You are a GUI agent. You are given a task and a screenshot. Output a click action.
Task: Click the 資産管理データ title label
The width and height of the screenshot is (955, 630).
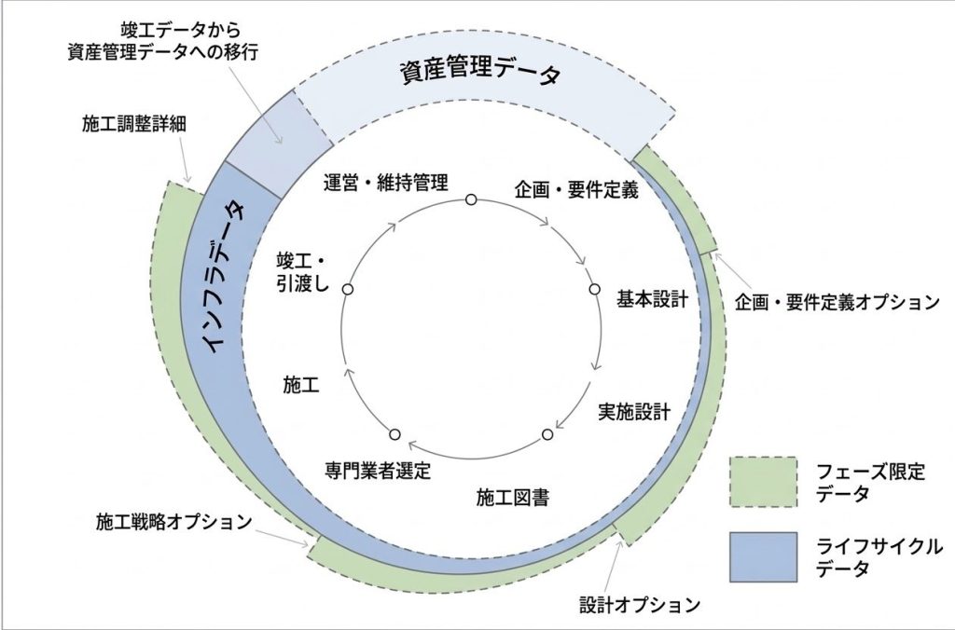click(481, 73)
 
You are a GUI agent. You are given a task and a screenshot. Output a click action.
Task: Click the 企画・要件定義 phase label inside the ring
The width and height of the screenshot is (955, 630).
click(576, 191)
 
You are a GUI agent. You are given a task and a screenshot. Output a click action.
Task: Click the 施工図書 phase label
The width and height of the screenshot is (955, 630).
click(511, 497)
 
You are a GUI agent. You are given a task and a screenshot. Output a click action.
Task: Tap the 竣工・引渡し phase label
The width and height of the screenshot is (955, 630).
click(303, 273)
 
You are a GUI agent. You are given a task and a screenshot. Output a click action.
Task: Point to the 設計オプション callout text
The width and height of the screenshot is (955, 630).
click(633, 605)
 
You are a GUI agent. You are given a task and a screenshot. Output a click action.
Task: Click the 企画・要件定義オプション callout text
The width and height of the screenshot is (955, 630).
click(836, 303)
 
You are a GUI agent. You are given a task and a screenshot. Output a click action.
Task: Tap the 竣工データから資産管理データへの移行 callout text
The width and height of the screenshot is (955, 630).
click(163, 40)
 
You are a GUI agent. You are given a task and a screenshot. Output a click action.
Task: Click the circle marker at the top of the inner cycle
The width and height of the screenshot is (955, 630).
click(471, 199)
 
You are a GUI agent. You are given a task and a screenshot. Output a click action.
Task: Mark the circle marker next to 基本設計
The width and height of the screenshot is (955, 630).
click(594, 290)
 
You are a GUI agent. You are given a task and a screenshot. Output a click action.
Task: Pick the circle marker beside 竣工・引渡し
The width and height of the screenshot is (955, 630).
click(348, 290)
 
